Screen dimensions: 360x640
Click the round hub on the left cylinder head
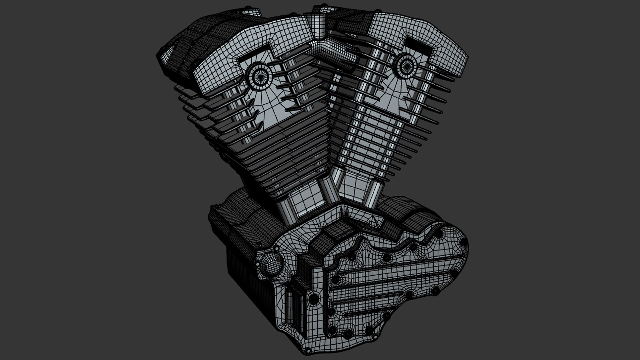coord(258,77)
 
